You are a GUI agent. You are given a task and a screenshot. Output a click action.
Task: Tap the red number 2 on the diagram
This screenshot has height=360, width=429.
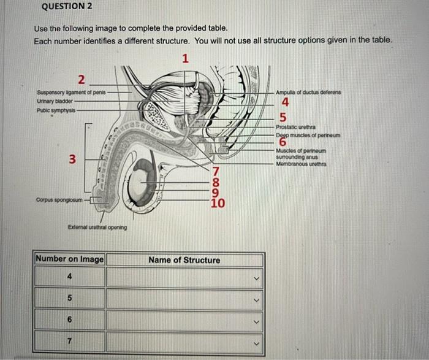(x=82, y=79)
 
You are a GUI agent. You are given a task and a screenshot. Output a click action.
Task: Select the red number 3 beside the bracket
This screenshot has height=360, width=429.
(x=72, y=160)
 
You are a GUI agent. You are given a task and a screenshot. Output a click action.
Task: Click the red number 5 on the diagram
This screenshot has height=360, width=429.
(x=283, y=117)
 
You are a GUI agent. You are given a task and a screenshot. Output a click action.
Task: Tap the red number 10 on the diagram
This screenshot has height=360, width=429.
(x=218, y=204)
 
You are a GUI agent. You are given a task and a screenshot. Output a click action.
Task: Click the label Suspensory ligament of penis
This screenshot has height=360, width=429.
(x=71, y=93)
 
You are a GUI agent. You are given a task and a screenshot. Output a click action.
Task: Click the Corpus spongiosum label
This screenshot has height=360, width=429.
(x=59, y=199)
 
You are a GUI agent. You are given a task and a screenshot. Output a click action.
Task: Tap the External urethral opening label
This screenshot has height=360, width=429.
(x=97, y=227)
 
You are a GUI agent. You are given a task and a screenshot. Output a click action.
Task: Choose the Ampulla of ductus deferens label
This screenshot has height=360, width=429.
(x=308, y=93)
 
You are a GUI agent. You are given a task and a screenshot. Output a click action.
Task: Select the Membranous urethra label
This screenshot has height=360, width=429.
(x=300, y=164)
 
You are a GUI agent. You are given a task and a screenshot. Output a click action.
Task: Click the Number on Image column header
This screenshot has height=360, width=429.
(x=70, y=259)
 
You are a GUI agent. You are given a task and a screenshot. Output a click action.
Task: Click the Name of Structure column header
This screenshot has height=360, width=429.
(x=184, y=260)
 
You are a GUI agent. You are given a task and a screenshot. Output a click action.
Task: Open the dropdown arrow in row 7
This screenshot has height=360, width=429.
(x=258, y=342)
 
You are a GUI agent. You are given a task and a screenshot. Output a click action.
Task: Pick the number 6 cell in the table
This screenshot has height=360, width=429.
(x=70, y=320)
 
